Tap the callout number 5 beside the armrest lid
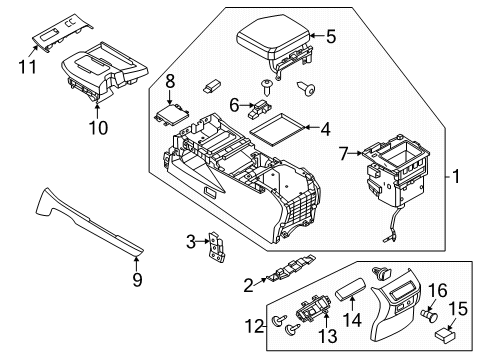pos(331,38)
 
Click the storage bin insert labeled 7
pos(395,170)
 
